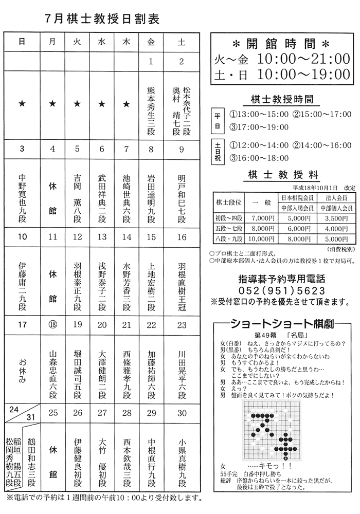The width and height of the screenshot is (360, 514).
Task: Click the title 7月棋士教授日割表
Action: [102, 19]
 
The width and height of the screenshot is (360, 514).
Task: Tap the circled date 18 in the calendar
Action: [52, 325]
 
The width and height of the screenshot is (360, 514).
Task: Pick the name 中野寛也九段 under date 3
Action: [22, 198]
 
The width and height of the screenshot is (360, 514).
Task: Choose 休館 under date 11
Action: [52, 198]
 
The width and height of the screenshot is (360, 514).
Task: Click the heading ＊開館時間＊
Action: [281, 42]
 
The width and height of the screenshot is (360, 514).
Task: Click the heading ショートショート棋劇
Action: [282, 324]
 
